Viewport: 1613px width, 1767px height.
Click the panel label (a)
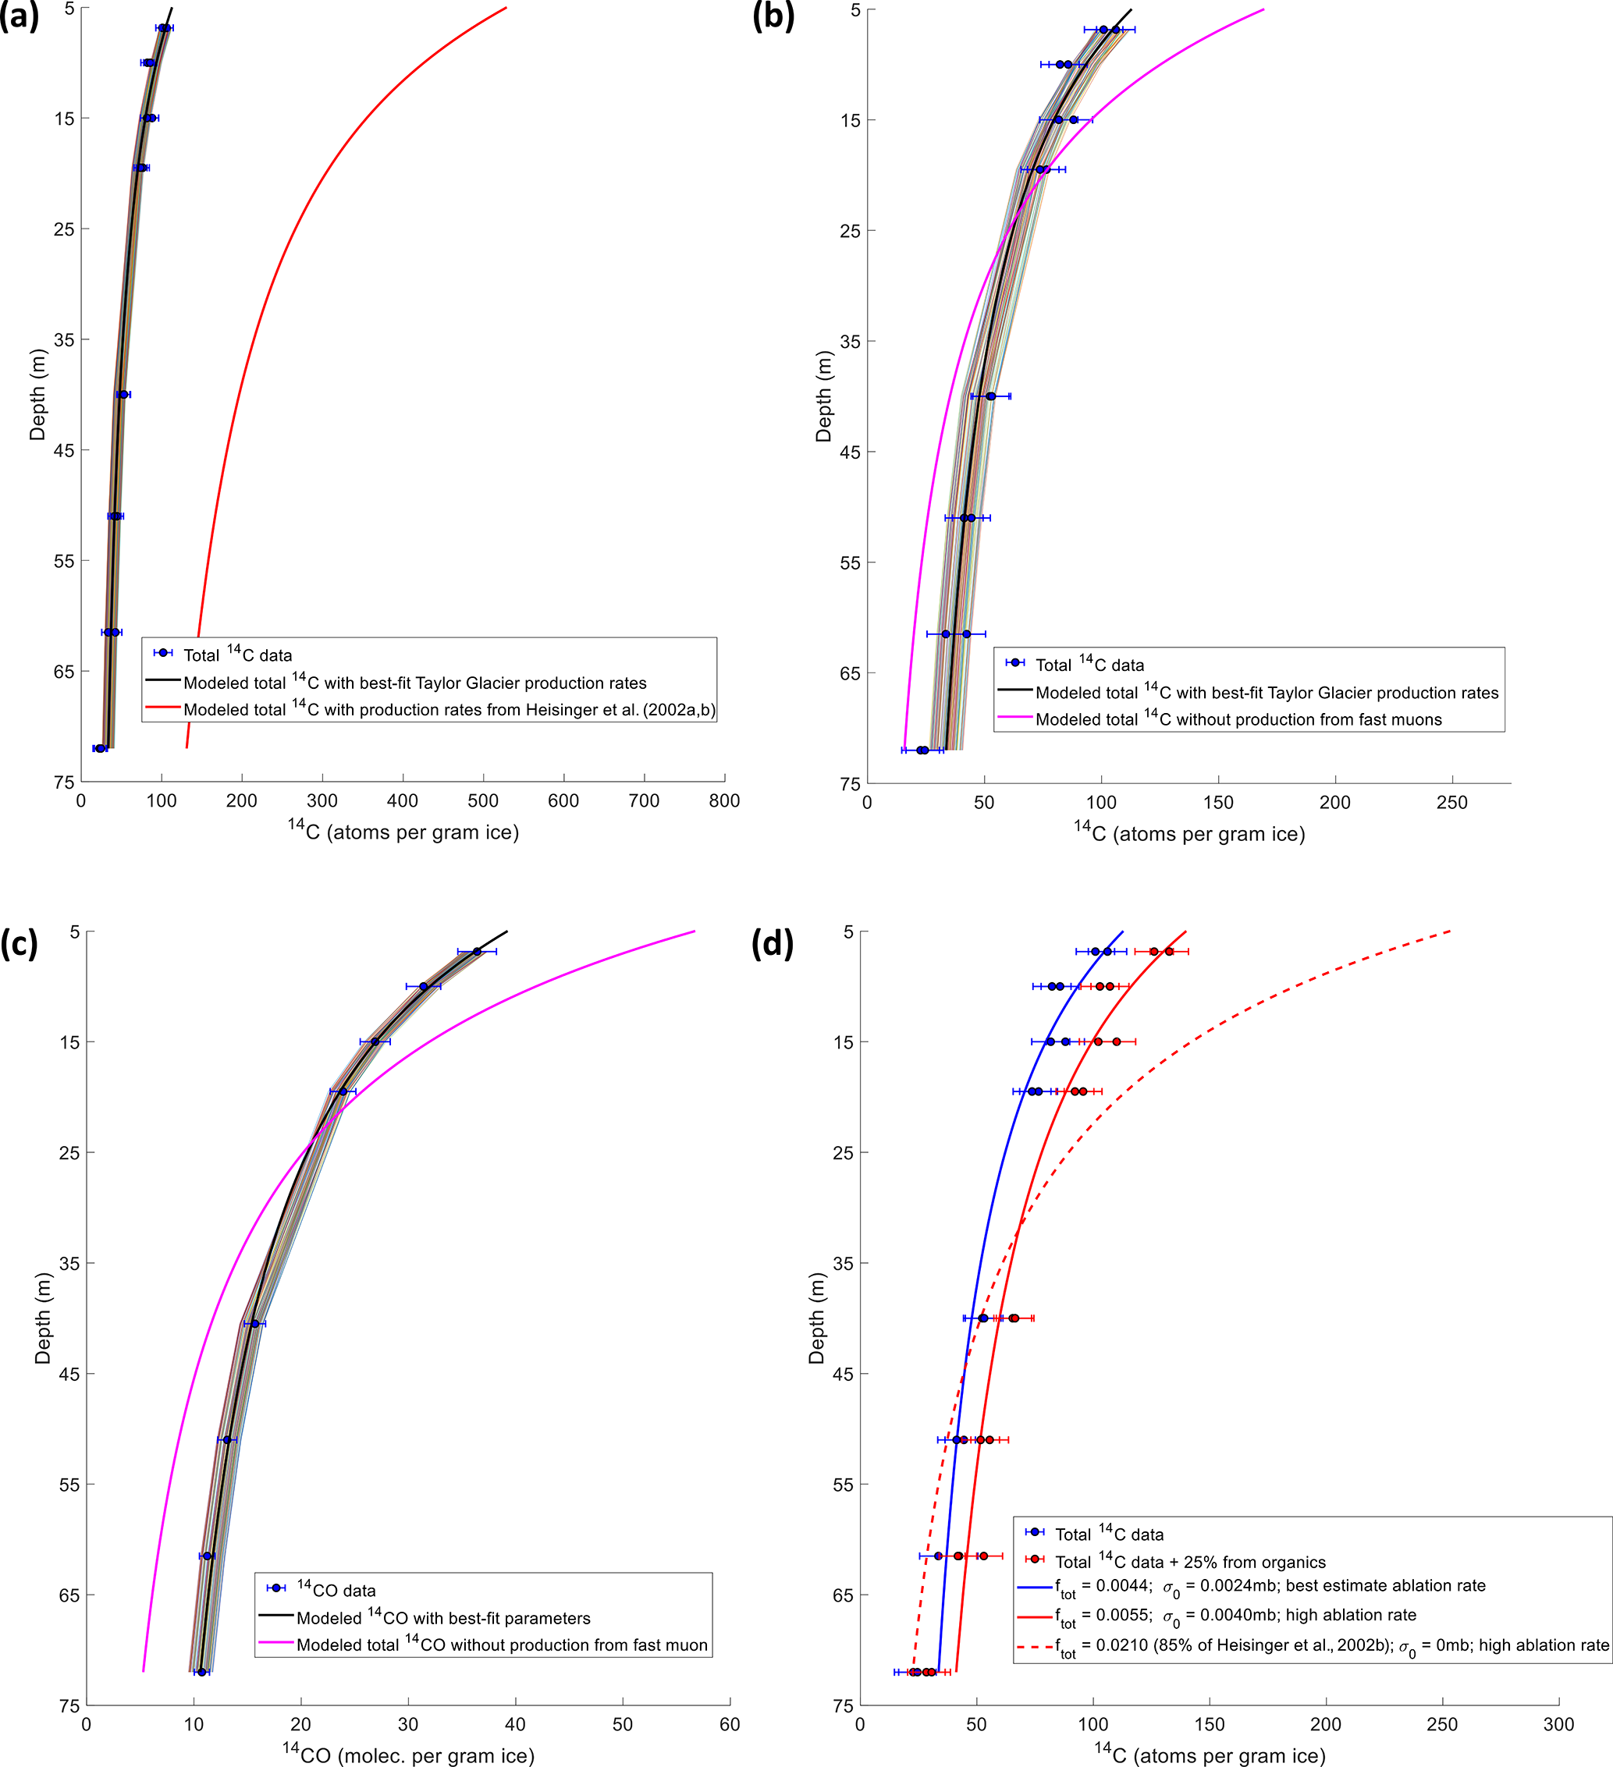(20, 17)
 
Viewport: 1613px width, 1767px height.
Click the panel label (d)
(773, 944)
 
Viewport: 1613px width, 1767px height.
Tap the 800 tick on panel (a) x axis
(724, 800)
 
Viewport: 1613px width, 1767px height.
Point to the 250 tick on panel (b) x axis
(1451, 802)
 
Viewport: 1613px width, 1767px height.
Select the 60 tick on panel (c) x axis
(730, 1724)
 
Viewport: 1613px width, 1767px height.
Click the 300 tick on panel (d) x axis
(1558, 1724)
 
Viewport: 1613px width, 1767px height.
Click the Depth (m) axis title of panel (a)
(37, 395)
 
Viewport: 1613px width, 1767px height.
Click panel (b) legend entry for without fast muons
(1238, 719)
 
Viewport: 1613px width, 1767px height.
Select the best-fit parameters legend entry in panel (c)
(442, 1618)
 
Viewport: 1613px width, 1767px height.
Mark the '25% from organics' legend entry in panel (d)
(1189, 1562)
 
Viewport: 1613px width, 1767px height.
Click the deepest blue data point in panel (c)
(201, 1673)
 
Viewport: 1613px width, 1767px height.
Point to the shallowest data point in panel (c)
(477, 952)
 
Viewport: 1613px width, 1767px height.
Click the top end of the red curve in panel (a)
(506, 8)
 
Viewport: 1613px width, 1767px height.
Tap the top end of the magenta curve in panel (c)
(695, 931)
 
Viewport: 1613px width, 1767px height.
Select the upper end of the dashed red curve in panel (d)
(1451, 931)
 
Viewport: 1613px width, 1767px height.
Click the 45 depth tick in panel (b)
(851, 452)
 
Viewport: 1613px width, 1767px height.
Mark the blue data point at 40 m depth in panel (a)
(123, 395)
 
